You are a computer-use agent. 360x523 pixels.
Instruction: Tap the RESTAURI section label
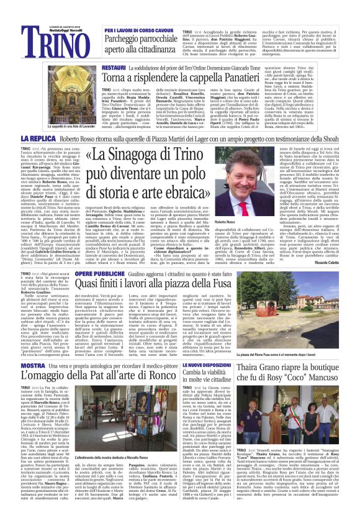[116, 66]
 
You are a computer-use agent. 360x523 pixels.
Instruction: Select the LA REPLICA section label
[38, 138]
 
